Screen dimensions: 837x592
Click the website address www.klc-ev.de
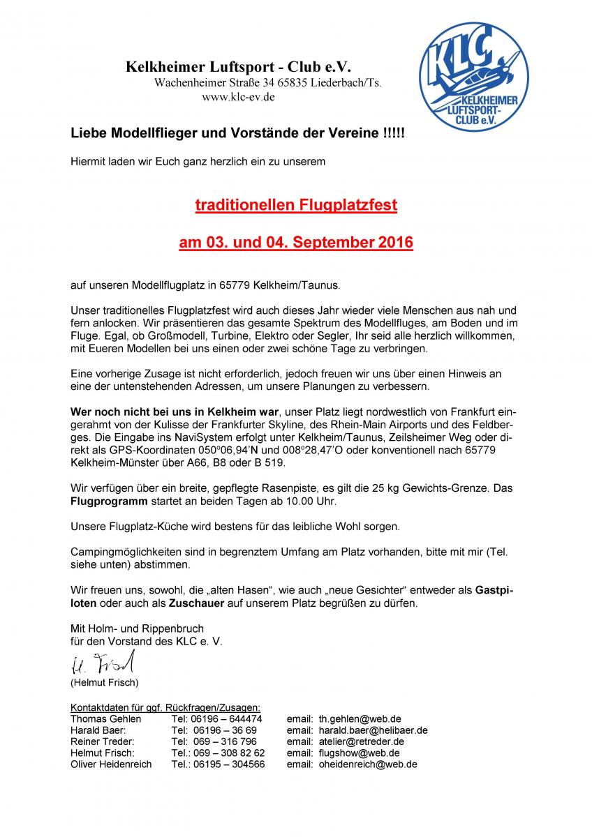coord(238,98)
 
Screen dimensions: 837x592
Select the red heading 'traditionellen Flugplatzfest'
coord(296,206)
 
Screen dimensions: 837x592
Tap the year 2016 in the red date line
coord(396,243)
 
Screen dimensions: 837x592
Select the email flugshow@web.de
coord(359,753)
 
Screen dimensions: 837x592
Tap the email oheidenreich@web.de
coord(368,764)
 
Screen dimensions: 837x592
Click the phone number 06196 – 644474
coord(216,718)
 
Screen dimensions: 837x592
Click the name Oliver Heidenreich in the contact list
coord(111,764)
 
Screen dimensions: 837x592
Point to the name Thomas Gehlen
coord(105,718)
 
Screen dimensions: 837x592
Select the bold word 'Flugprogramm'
coord(108,502)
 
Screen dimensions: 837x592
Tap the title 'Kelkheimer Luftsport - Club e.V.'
coord(238,68)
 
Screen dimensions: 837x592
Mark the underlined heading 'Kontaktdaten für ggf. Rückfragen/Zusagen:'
coord(165,707)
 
